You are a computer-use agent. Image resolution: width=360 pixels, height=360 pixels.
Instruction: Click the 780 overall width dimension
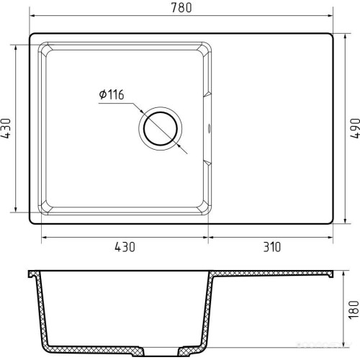coord(181,7)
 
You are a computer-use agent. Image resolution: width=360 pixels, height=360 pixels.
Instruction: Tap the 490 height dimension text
coord(355,128)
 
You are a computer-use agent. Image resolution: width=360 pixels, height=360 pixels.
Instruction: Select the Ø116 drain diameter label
coord(112,94)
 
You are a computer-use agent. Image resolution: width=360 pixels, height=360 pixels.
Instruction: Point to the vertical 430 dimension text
coord(6,128)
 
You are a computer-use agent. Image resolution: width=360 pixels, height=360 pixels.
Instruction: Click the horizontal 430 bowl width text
coord(125,247)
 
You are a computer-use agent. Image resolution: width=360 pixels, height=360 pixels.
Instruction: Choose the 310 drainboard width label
coord(271,247)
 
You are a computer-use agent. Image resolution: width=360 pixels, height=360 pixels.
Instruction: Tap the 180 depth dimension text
coord(354,310)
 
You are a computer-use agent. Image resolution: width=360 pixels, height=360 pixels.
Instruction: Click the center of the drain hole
coord(161,129)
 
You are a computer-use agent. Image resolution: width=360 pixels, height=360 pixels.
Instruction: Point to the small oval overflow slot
coord(209,128)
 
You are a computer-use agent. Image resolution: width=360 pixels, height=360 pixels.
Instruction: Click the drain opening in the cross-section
coord(161,351)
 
